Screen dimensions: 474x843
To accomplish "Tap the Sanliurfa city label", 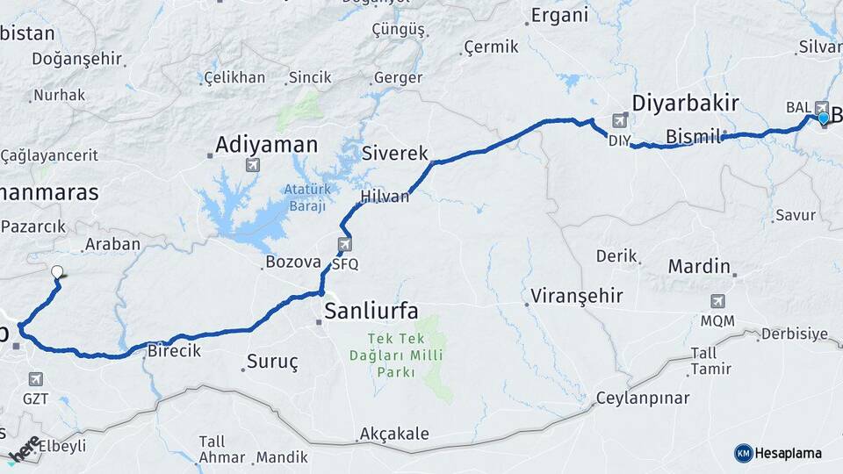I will [x=371, y=310].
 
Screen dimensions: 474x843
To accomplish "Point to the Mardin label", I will [x=699, y=266].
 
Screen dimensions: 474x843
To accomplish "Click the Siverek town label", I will [x=395, y=154].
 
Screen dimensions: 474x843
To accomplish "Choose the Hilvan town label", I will [x=385, y=197].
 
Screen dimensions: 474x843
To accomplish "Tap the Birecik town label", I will [x=174, y=350].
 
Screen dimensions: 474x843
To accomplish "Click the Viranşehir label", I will [x=577, y=296].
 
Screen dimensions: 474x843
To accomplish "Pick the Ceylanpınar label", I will [x=643, y=399].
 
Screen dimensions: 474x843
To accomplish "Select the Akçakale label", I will [x=394, y=434].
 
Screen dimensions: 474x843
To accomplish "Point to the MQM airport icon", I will [x=717, y=302].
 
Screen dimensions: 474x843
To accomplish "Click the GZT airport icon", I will [x=36, y=379].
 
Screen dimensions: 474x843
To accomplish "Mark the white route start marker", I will [x=58, y=272].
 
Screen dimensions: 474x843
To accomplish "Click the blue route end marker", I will [x=823, y=118].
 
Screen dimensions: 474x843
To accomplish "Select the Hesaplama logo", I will [x=778, y=453].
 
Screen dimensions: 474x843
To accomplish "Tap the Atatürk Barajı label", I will [x=305, y=197].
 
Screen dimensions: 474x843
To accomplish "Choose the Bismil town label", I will [x=693, y=137].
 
